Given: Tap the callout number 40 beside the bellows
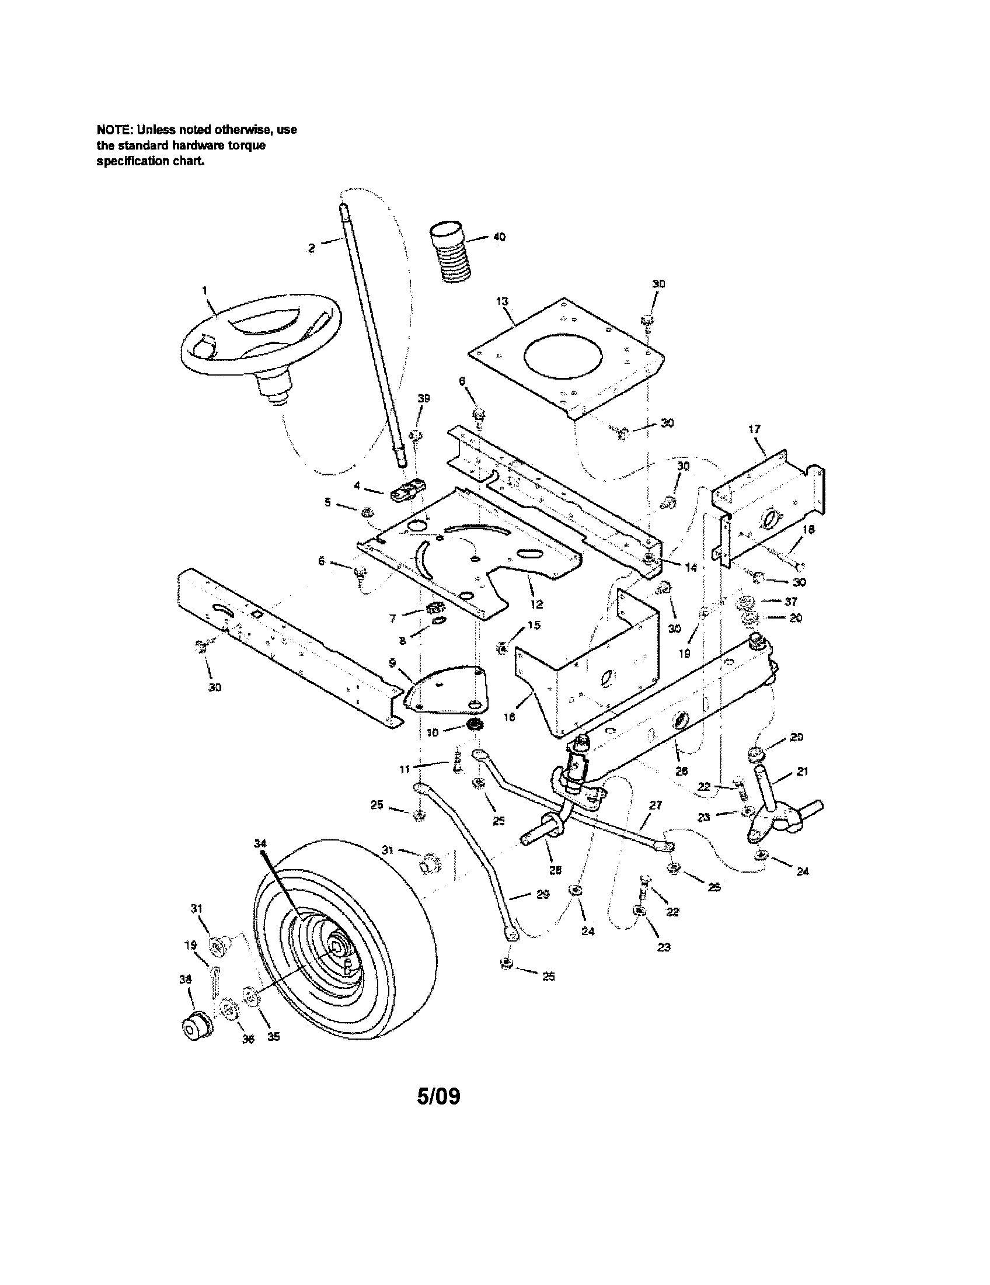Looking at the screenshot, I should (x=499, y=237).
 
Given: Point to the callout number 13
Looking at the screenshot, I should (x=501, y=301).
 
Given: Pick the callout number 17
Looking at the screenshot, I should (x=754, y=429).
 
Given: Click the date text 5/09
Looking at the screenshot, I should (x=438, y=1096).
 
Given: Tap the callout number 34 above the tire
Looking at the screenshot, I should (x=260, y=843).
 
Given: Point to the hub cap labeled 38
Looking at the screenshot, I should (x=197, y=1027).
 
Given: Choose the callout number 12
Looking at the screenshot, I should (x=536, y=604).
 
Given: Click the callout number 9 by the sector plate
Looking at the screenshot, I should (x=392, y=662).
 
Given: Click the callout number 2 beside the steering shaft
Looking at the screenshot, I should (x=312, y=248).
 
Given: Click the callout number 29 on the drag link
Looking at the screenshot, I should (x=543, y=894).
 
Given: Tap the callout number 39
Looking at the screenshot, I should (x=423, y=398).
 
